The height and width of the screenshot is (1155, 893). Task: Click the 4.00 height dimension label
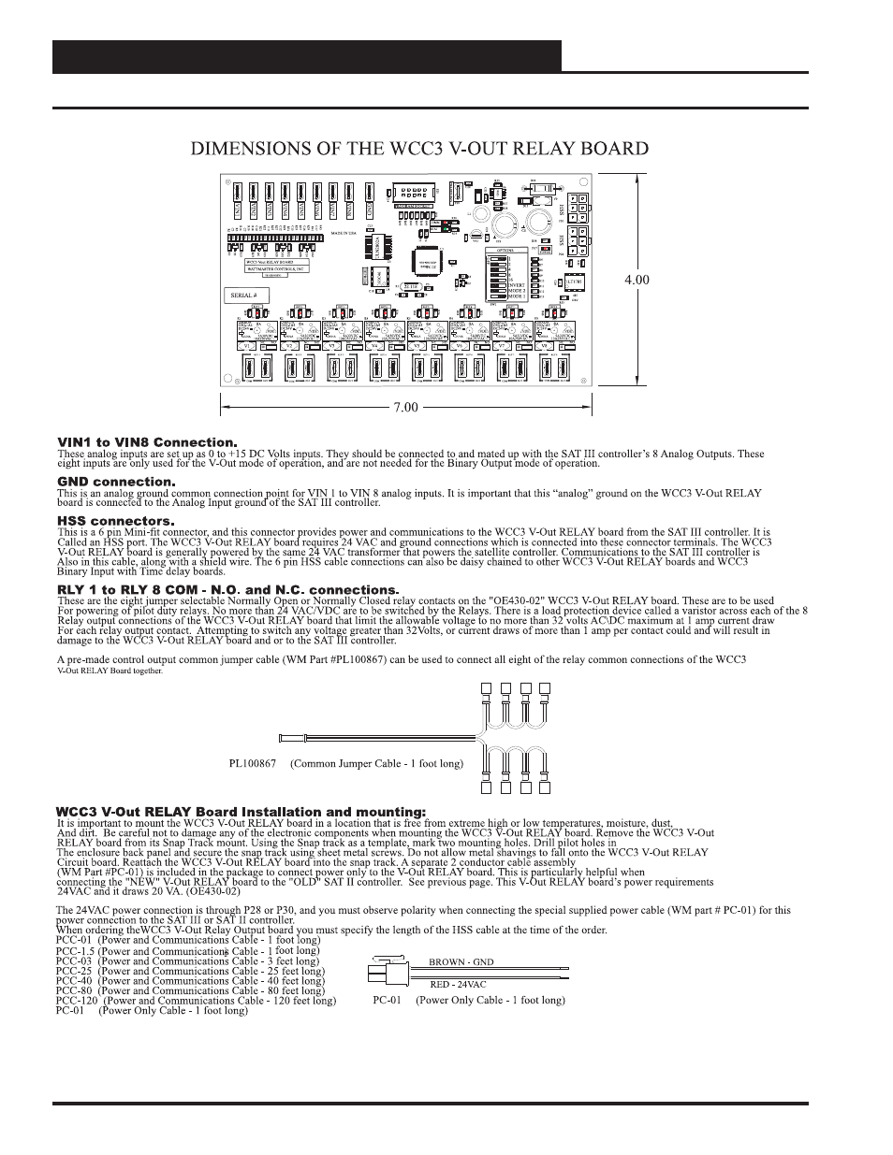point(637,280)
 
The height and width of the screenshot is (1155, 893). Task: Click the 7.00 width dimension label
point(404,408)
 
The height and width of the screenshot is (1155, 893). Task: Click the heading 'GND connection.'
point(116,483)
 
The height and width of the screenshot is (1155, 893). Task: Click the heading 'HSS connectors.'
point(115,521)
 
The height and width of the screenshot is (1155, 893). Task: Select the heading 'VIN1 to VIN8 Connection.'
point(147,442)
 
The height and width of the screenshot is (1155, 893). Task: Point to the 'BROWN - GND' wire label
point(461,962)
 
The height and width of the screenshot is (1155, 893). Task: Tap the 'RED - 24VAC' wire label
point(458,984)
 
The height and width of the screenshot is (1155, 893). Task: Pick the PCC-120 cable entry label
point(73,1001)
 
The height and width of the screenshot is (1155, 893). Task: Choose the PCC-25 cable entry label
point(71,972)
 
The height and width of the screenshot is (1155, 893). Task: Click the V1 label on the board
point(248,346)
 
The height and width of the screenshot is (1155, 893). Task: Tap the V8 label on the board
point(553,346)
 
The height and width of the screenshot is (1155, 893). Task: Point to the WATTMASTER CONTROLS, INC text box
point(261,269)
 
